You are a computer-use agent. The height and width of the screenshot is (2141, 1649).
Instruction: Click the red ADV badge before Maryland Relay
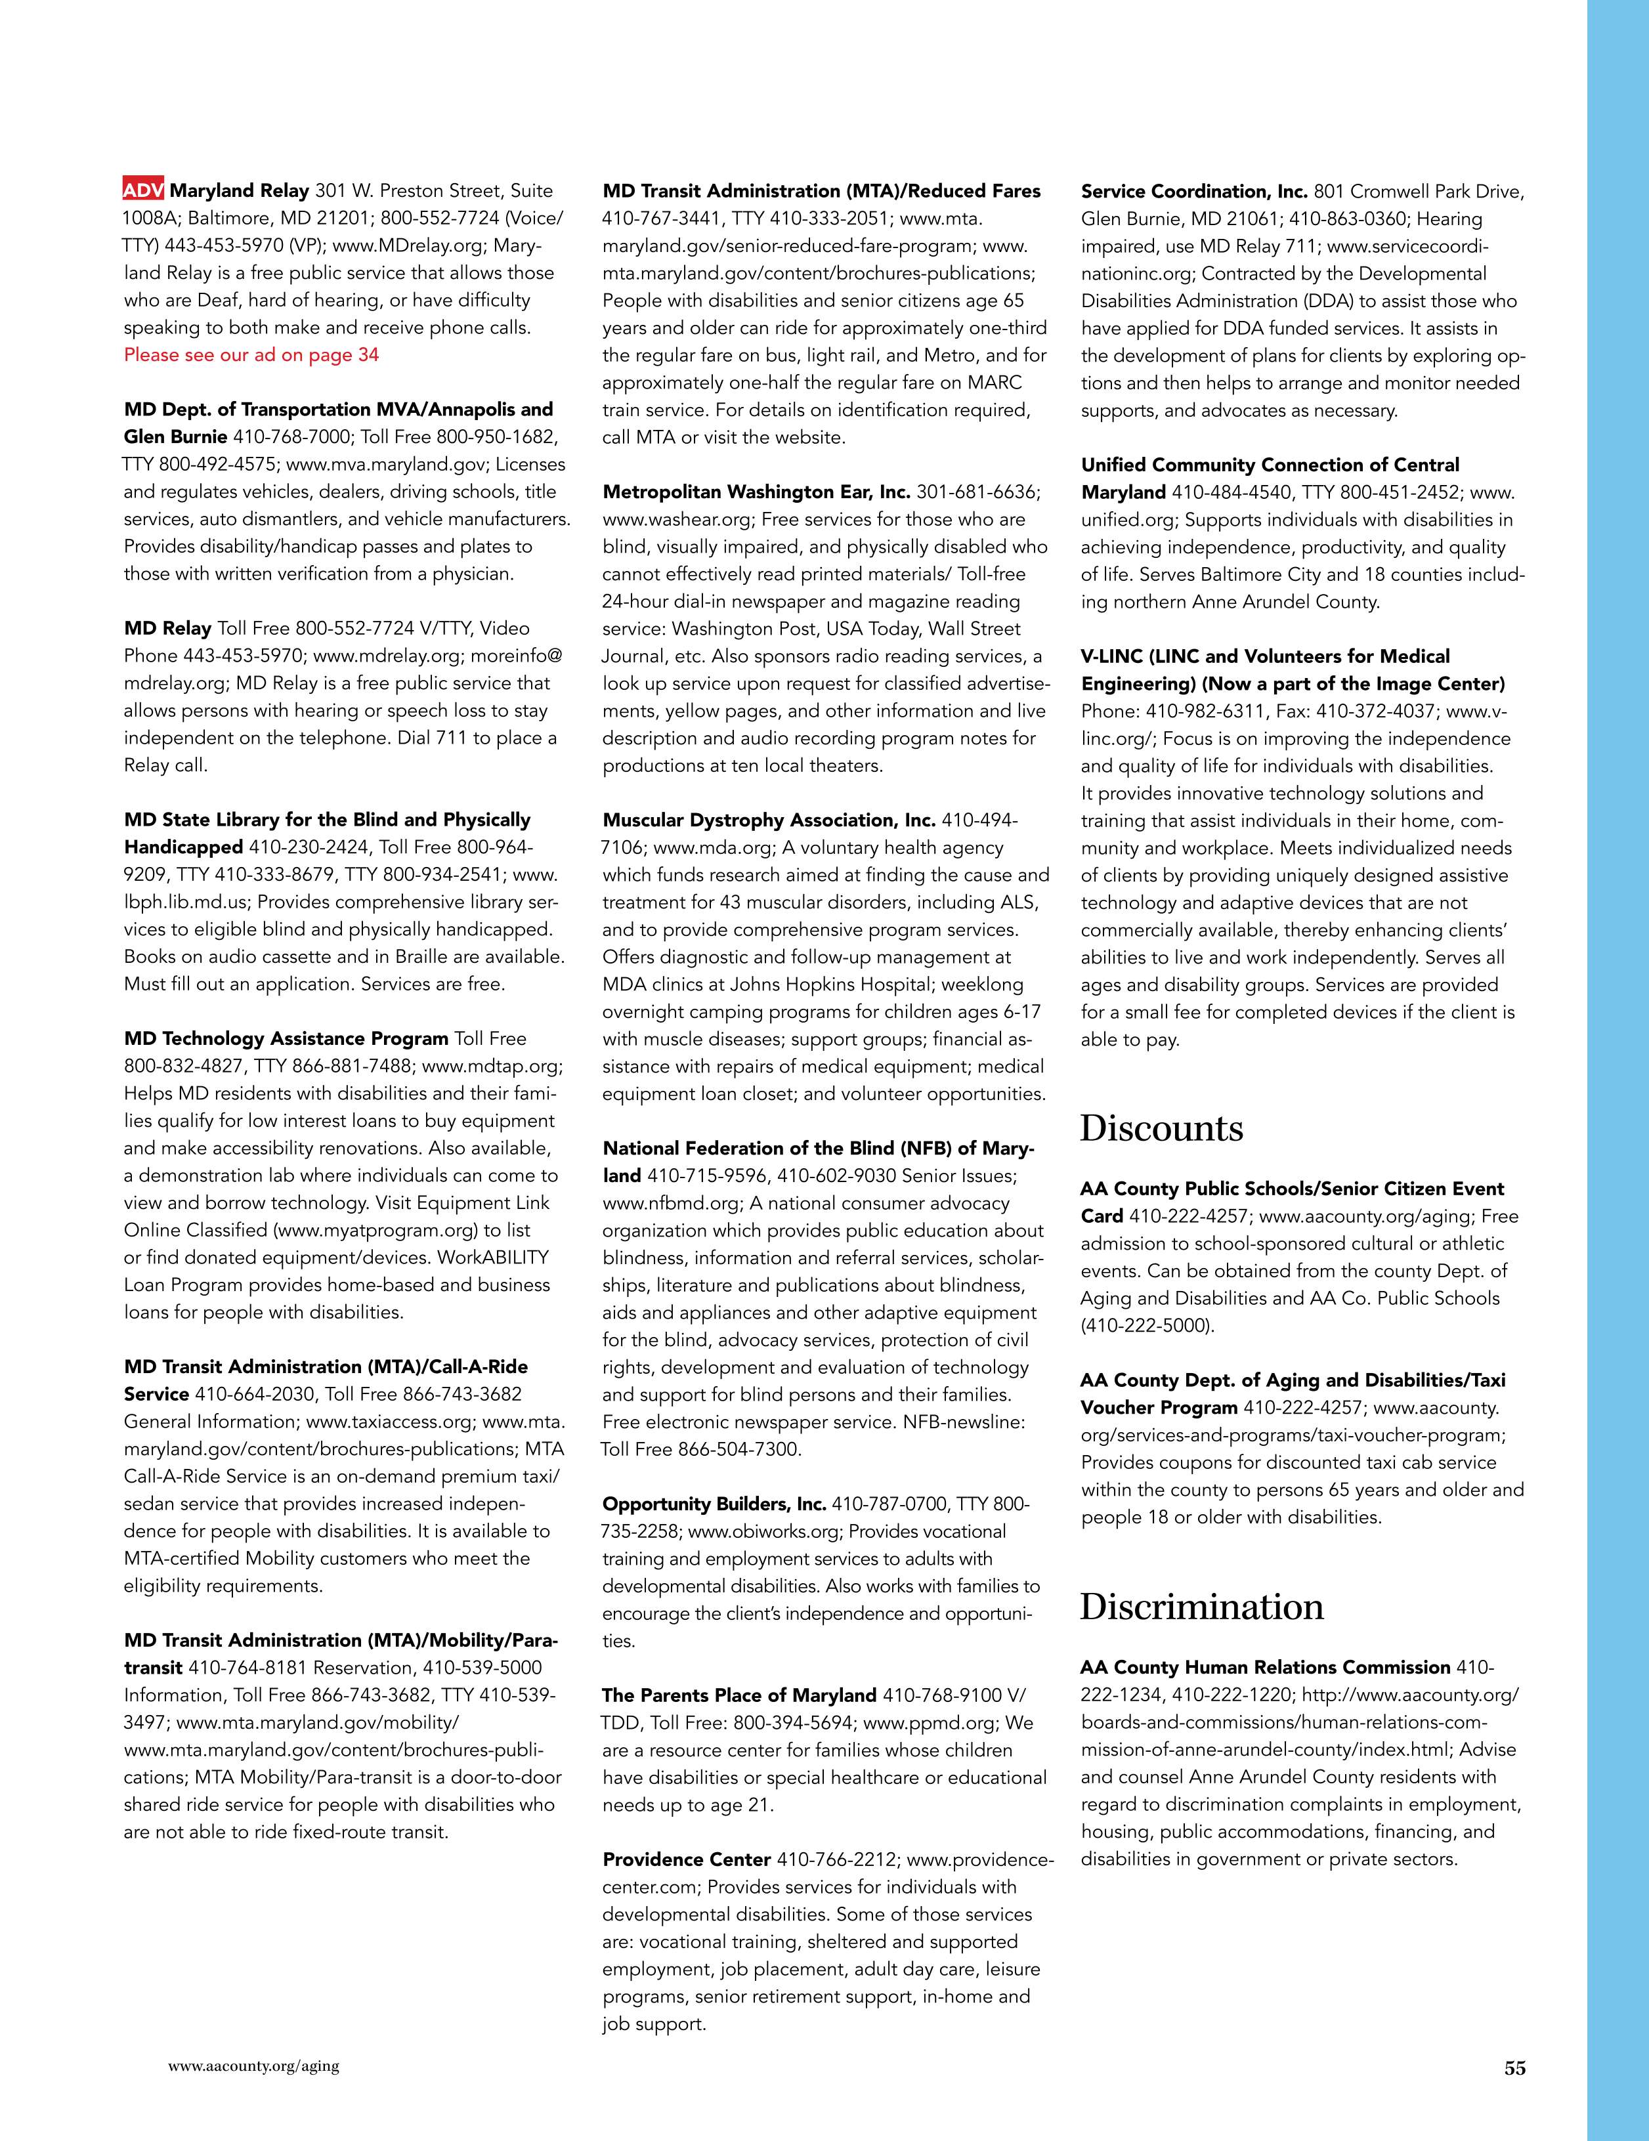tap(143, 190)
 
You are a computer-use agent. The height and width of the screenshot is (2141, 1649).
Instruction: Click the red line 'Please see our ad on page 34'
tap(251, 355)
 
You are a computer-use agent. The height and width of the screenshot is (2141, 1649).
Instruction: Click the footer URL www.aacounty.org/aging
tap(254, 2066)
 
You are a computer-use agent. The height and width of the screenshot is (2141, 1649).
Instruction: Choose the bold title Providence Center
tap(686, 1859)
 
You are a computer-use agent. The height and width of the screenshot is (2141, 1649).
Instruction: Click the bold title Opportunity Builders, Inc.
tap(714, 1504)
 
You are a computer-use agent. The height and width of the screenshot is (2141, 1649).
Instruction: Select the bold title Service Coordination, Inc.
tap(1194, 191)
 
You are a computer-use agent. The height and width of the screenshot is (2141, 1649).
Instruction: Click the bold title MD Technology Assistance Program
tap(286, 1038)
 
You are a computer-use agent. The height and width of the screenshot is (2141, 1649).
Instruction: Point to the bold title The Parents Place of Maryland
tap(739, 1695)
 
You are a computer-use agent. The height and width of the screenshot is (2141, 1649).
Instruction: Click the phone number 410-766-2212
tap(835, 1859)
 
